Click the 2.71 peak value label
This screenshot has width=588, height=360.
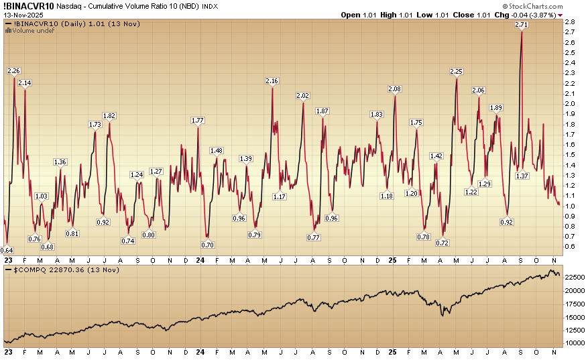(x=521, y=24)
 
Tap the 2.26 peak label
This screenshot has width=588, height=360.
(x=13, y=70)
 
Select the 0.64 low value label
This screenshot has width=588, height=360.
(x=7, y=250)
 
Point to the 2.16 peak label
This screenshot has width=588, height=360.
(x=272, y=81)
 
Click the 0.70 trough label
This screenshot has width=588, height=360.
(x=207, y=245)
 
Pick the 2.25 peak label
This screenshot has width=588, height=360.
(x=457, y=71)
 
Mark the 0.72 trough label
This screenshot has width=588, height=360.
(x=443, y=243)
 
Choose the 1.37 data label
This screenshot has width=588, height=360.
(x=522, y=176)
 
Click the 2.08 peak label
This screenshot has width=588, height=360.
(x=395, y=89)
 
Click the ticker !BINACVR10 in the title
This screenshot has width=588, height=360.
(x=29, y=5)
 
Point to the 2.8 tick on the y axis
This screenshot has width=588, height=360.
(x=569, y=22)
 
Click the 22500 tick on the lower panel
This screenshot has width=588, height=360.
(x=574, y=277)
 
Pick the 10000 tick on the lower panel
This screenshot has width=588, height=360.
(x=574, y=343)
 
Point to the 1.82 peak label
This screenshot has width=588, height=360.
(x=109, y=115)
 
